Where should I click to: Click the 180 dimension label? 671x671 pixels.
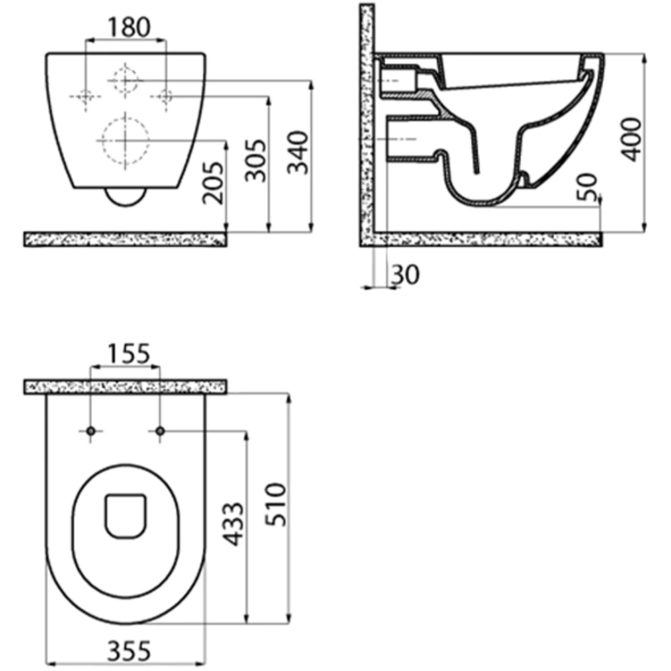[129, 27]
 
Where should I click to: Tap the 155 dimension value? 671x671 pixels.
[128, 354]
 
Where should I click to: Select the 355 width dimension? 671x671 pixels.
[129, 651]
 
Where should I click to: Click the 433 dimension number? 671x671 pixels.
[234, 524]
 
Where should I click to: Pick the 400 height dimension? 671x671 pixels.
[631, 140]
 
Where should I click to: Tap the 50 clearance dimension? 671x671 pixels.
[586, 187]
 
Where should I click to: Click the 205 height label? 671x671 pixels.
[213, 183]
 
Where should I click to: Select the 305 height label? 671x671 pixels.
[255, 160]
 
